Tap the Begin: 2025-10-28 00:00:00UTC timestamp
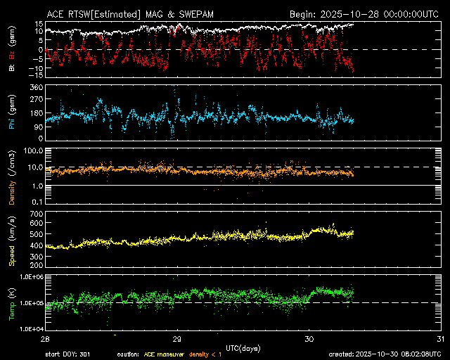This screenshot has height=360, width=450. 366,13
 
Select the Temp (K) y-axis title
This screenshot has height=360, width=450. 13,302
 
